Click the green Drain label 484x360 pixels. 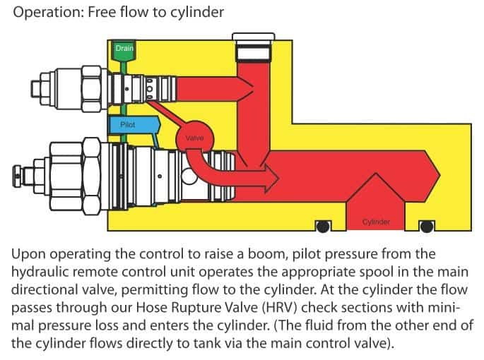pos(125,48)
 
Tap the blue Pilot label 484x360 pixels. pos(126,124)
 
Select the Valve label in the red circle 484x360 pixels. pos(194,138)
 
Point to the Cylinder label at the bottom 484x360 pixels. pos(376,222)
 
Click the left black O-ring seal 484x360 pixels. pos(323,227)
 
